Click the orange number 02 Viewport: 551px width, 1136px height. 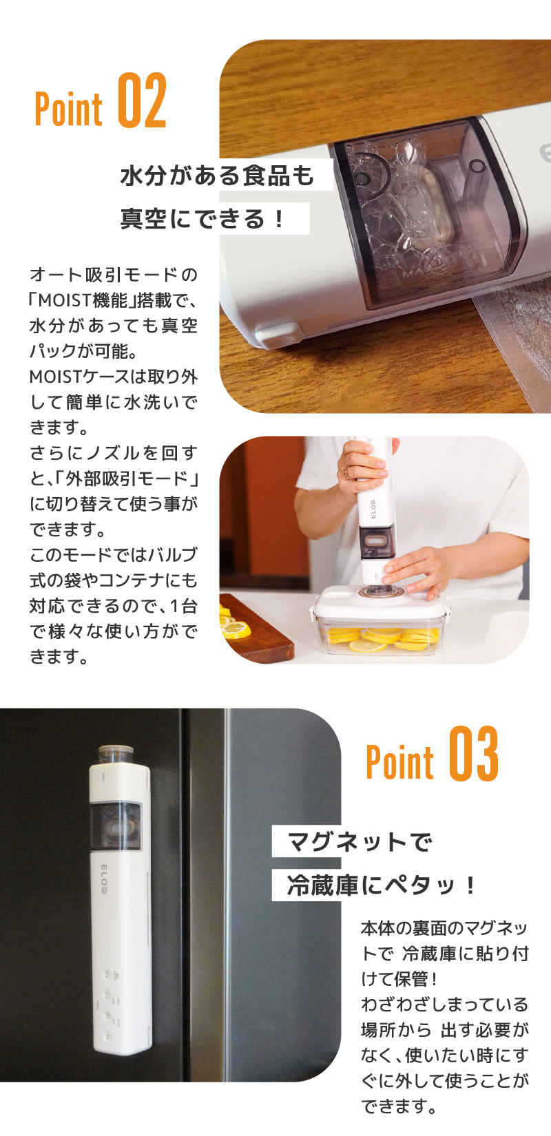point(143,101)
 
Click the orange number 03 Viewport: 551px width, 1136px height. point(474,755)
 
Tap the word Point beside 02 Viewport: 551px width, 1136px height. point(69,108)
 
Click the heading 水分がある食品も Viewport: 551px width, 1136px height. point(218,176)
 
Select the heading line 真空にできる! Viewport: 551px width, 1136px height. point(203,219)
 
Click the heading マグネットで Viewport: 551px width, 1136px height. point(359,841)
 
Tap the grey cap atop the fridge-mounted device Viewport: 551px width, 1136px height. point(114,753)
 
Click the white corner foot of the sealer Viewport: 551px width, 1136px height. point(274,337)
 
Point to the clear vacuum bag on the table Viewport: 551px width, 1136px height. point(513,330)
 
